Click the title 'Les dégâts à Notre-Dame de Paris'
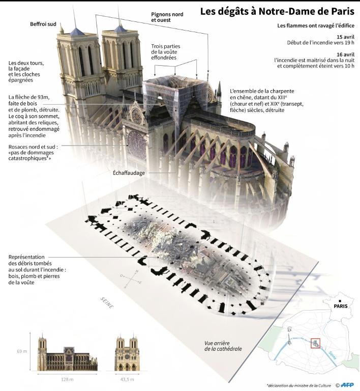pos(277,11)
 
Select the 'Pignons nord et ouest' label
pos(167,17)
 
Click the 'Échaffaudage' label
pos(129,173)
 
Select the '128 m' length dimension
pos(68,380)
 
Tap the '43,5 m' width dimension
pos(127,380)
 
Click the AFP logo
pos(347,384)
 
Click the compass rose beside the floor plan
pos(130,278)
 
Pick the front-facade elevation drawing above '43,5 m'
pos(127,353)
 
